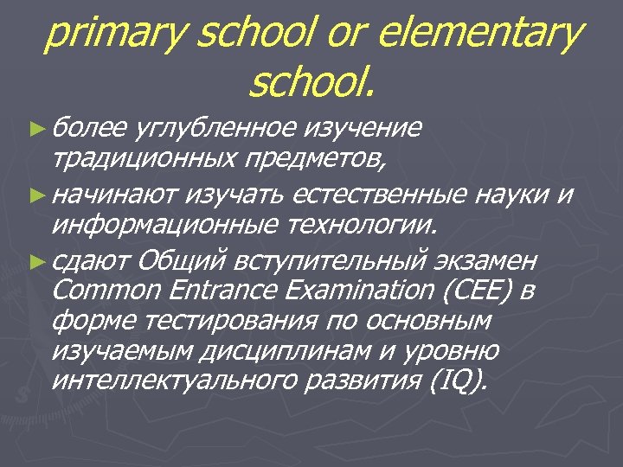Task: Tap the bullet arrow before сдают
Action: [x=35, y=259]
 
